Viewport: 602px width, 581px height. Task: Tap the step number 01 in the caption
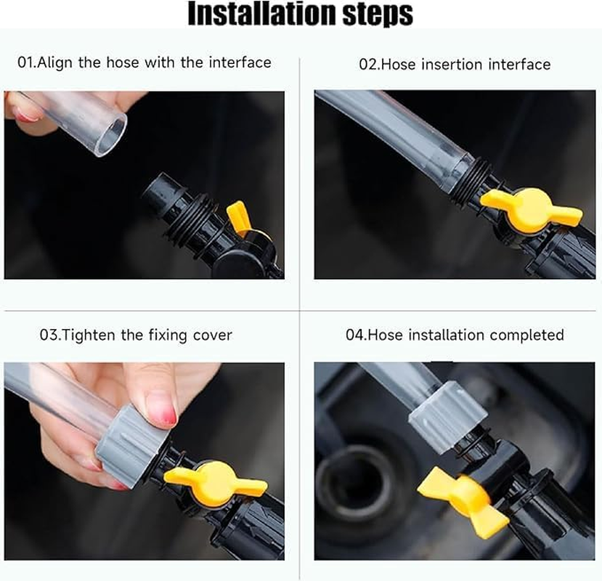click(25, 62)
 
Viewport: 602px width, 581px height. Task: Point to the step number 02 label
click(368, 65)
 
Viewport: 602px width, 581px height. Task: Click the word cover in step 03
click(212, 336)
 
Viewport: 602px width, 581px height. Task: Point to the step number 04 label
click(354, 336)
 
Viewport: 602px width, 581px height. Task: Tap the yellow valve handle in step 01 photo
click(239, 218)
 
